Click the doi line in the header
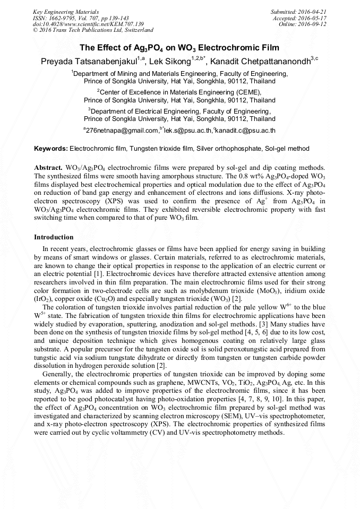88,24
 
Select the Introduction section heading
54,237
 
